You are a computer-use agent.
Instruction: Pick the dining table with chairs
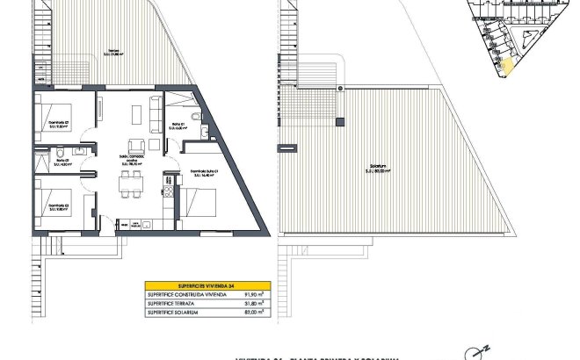pos(132,181)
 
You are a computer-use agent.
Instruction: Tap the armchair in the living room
pos(134,145)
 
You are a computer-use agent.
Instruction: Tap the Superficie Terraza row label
pos(176,303)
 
